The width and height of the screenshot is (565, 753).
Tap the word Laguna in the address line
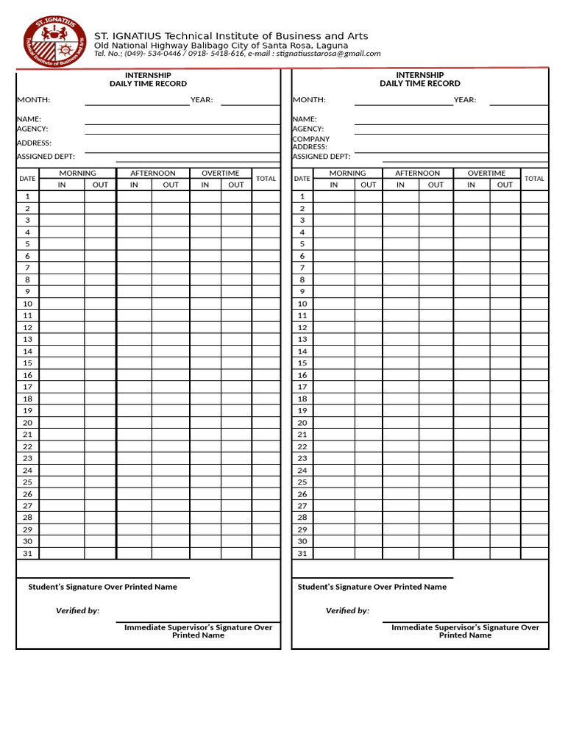(331, 45)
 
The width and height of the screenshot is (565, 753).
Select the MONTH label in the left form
(33, 100)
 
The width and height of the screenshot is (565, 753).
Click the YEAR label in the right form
(464, 100)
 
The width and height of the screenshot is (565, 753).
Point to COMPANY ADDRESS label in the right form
(310, 143)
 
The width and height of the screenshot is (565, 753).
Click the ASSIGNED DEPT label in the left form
(46, 157)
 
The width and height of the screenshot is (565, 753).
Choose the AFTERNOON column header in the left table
(153, 174)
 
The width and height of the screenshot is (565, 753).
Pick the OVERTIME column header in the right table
(486, 174)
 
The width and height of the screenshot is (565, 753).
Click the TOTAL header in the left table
(266, 179)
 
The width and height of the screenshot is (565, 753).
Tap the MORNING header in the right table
(347, 174)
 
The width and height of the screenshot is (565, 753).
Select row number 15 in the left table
(27, 363)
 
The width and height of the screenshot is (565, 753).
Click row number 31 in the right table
(302, 554)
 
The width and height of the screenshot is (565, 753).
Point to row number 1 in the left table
(27, 196)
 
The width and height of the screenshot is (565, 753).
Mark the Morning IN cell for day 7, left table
(62, 268)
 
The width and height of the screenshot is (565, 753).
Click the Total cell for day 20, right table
(534, 423)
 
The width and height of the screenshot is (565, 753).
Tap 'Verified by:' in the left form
(78, 611)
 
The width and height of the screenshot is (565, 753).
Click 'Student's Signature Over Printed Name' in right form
(372, 588)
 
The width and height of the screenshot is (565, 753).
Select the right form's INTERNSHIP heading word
(420, 75)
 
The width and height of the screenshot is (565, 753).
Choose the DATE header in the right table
(302, 179)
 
